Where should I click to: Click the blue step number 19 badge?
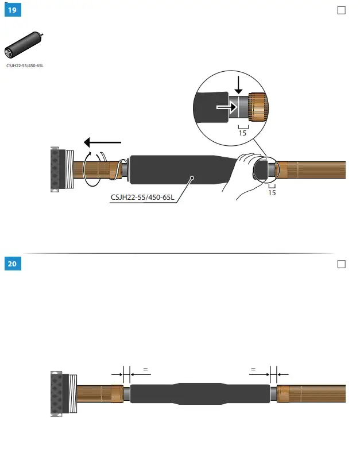click(x=12, y=10)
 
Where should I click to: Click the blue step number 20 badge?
click(x=12, y=264)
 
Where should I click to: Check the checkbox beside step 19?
click(x=342, y=10)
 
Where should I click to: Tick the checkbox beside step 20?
click(x=342, y=264)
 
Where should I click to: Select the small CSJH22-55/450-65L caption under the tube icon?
click(x=25, y=66)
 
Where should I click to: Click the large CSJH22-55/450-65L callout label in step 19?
click(x=142, y=198)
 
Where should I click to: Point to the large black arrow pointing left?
click(x=102, y=142)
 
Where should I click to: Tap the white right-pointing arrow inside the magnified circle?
click(x=226, y=106)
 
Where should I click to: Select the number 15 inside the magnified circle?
click(x=242, y=133)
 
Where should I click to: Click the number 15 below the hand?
click(x=272, y=193)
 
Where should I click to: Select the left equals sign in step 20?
click(x=145, y=370)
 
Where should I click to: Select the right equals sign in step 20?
click(x=253, y=370)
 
